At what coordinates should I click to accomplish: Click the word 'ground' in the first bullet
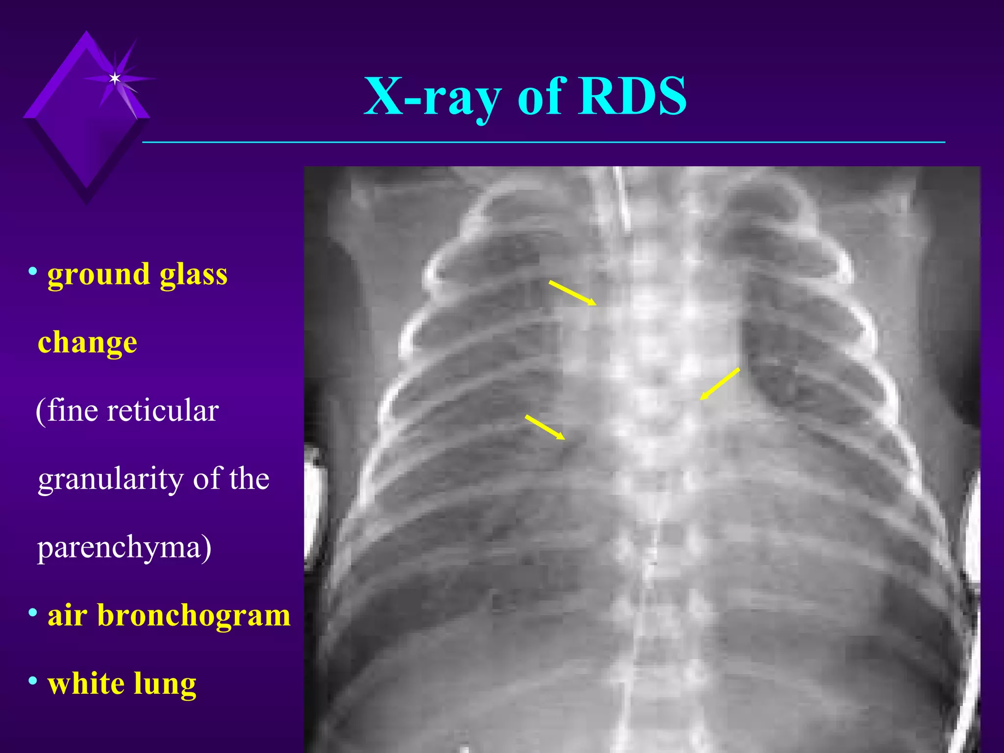coord(98,275)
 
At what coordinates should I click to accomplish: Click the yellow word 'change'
coord(87,342)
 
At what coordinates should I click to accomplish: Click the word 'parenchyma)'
coord(125,548)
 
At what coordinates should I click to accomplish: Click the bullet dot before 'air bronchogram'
coord(33,612)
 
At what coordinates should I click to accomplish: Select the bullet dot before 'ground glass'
coord(33,271)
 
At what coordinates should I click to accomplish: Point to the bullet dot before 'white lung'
coord(33,681)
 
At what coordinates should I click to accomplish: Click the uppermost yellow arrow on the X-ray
coord(573,293)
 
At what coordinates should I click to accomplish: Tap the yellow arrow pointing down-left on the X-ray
coord(720,384)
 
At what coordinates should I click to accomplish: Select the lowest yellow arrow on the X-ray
coord(545,427)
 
